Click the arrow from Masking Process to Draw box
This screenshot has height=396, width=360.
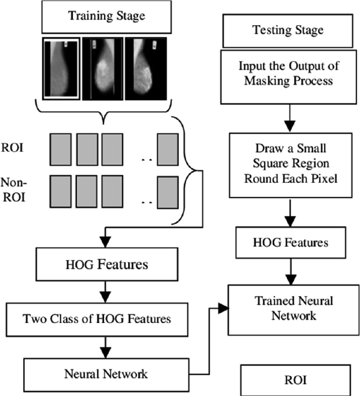pos(289,118)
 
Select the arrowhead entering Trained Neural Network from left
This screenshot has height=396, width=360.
pos(223,309)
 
